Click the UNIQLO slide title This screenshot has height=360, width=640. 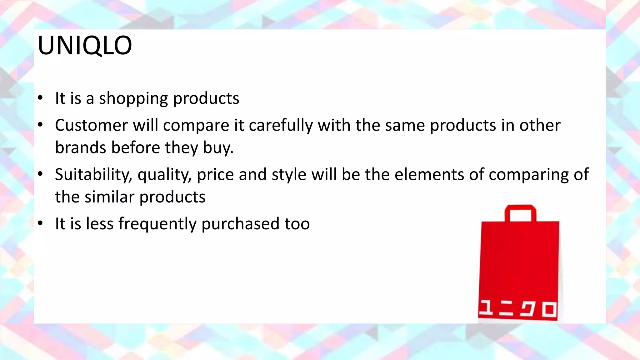coord(85,46)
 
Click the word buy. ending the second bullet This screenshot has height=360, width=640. coord(218,147)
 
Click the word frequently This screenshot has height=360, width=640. coord(157,224)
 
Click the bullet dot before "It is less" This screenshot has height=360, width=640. coord(40,223)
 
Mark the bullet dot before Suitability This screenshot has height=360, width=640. coord(40,174)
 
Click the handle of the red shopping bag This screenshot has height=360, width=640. coord(520,208)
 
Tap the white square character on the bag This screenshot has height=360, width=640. coord(549,310)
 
